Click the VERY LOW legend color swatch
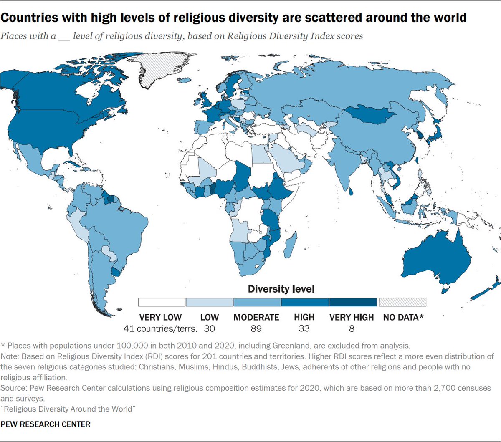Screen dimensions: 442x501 (162, 302)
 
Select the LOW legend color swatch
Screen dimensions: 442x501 (210, 302)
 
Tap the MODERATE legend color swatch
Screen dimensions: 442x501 (257, 302)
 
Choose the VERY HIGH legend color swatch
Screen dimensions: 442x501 (353, 302)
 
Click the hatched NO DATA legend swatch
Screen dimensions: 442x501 (402, 302)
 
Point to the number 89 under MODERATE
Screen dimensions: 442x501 (256, 329)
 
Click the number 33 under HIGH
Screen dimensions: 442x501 (304, 329)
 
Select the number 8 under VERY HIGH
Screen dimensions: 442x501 (352, 329)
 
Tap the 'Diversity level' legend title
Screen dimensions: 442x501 (281, 289)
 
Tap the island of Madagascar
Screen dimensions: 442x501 (291, 246)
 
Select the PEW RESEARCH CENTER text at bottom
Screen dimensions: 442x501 (46, 424)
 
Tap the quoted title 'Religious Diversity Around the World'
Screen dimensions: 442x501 (68, 409)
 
